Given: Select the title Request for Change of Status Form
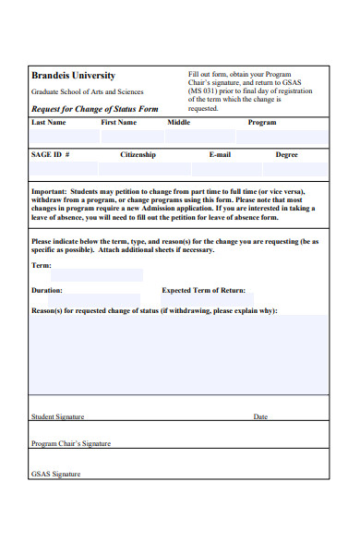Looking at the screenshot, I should [x=95, y=109].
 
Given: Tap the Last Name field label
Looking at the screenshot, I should [x=49, y=122].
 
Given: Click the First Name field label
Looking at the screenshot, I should [x=118, y=122].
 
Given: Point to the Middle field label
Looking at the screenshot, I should [x=179, y=122].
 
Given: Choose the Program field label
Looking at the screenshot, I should [x=262, y=122].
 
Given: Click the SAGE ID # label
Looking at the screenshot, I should [x=50, y=155].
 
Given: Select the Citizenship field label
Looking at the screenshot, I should [x=138, y=155].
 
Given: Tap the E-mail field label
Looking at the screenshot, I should [x=220, y=155].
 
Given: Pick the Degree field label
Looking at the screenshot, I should [x=287, y=155].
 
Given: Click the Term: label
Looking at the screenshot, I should [x=42, y=265].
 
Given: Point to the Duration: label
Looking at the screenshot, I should [x=47, y=290].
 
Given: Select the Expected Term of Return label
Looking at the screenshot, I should [x=204, y=290].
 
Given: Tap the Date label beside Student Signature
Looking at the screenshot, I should [x=260, y=416].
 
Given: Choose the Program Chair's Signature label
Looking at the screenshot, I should [x=71, y=443].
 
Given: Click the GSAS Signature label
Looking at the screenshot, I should [x=56, y=474].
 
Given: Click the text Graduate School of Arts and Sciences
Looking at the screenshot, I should [x=87, y=92].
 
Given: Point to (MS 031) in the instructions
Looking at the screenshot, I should [x=205, y=91].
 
